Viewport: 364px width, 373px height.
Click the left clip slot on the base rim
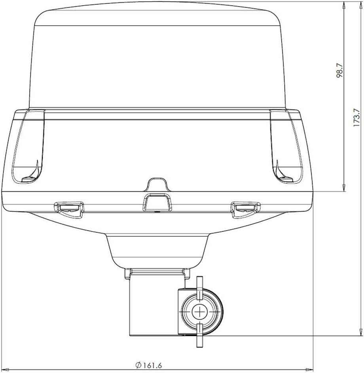[69, 208]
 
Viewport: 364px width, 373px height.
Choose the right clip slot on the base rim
[246, 208]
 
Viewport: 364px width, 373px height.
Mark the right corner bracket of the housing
[286, 146]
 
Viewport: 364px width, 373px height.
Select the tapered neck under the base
[157, 251]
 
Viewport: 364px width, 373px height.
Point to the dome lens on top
[157, 59]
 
